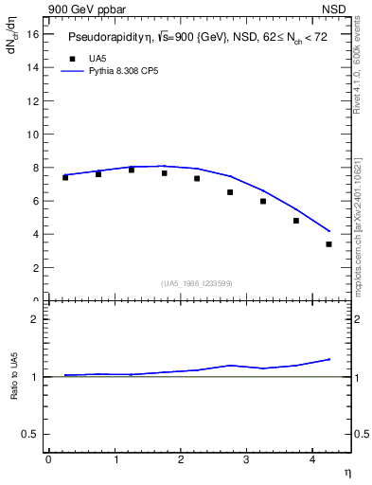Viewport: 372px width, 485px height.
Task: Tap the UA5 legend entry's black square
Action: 71,58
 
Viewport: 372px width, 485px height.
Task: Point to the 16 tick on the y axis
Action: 37,34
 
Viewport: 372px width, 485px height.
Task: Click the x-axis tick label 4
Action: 312,459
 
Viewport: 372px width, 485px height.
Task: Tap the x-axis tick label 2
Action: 181,459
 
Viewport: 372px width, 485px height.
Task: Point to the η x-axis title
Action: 346,472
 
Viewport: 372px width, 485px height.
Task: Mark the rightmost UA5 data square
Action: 328,244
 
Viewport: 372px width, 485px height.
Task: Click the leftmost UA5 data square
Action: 65,177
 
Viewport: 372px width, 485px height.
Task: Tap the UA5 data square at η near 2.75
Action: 230,192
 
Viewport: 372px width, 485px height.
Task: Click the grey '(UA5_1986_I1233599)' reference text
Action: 197,283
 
